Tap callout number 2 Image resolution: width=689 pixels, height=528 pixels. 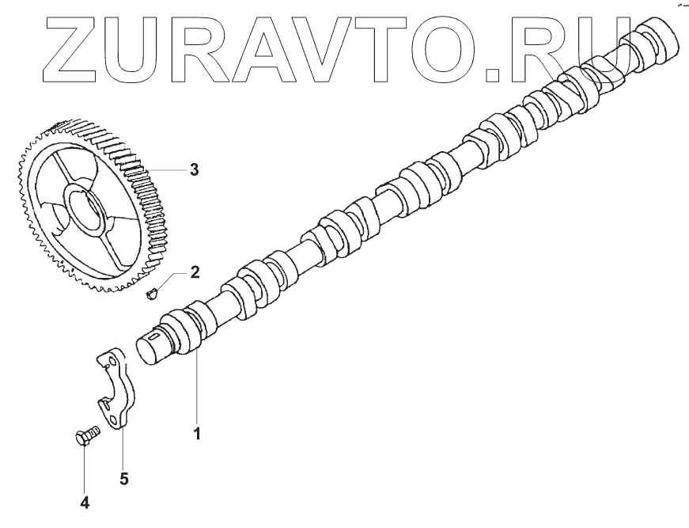195,273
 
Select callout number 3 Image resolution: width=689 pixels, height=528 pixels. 194,169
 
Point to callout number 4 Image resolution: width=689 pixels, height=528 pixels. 85,502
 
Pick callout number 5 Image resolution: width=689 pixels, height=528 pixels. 124,478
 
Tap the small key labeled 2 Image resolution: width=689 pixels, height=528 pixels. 153,294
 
